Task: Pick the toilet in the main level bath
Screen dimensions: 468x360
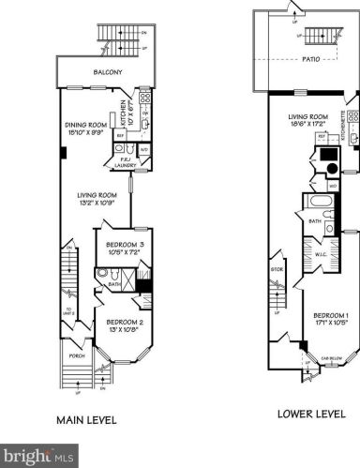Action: [x=102, y=274]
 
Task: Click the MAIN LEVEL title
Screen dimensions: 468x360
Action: [x=86, y=420]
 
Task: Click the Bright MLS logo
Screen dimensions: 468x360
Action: [x=37, y=456]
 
